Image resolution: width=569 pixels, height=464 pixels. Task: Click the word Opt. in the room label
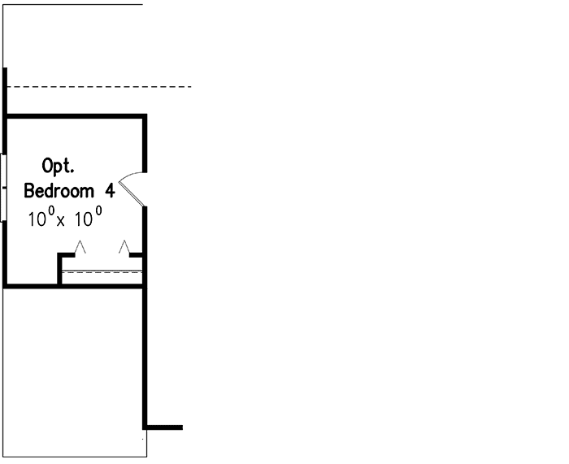[58, 166]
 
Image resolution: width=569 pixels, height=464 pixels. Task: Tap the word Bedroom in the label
[59, 191]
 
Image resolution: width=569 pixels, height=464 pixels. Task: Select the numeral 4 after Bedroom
[111, 191]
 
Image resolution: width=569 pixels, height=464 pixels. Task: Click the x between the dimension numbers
[61, 221]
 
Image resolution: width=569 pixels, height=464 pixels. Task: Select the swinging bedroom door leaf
[132, 194]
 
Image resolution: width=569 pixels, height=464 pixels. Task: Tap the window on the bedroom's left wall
[3, 188]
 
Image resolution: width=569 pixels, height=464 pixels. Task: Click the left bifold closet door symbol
[80, 247]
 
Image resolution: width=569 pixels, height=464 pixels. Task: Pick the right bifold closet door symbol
[124, 247]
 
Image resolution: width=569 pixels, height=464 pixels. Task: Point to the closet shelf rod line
[102, 271]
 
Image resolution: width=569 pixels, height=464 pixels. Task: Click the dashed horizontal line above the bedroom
[99, 87]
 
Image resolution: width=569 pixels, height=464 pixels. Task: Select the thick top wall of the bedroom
[75, 116]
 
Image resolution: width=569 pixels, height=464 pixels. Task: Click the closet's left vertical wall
[59, 268]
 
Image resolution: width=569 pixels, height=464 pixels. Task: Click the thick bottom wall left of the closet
[31, 287]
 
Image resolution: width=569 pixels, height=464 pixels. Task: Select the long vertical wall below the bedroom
[145, 358]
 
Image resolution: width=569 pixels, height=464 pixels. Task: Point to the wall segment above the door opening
[145, 143]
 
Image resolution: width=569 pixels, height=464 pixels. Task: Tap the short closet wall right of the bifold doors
[136, 255]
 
